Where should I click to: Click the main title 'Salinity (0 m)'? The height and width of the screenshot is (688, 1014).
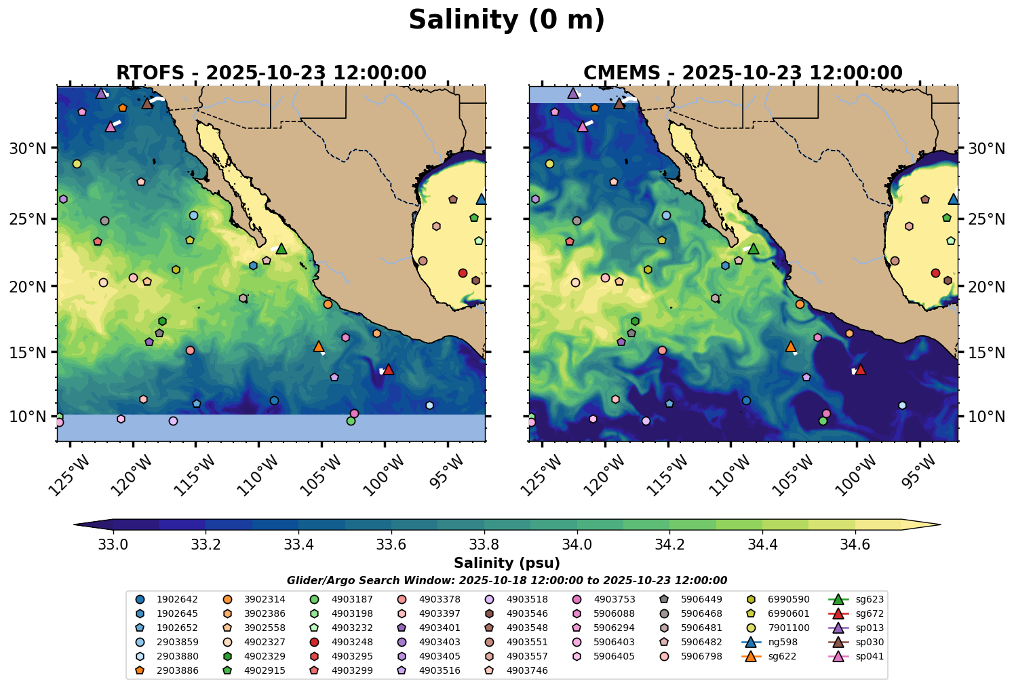coord(507,20)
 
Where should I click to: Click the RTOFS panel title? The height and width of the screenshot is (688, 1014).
coord(271,73)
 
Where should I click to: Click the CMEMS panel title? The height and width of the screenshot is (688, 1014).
coord(743,73)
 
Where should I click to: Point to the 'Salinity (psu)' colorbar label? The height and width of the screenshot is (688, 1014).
coord(507,563)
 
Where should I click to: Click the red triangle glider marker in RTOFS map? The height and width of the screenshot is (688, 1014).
coord(389,369)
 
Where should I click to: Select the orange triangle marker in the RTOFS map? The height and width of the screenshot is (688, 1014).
coord(319,347)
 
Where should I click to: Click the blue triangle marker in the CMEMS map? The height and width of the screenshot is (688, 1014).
coord(953,199)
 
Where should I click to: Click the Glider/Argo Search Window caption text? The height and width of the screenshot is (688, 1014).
coord(507,581)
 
